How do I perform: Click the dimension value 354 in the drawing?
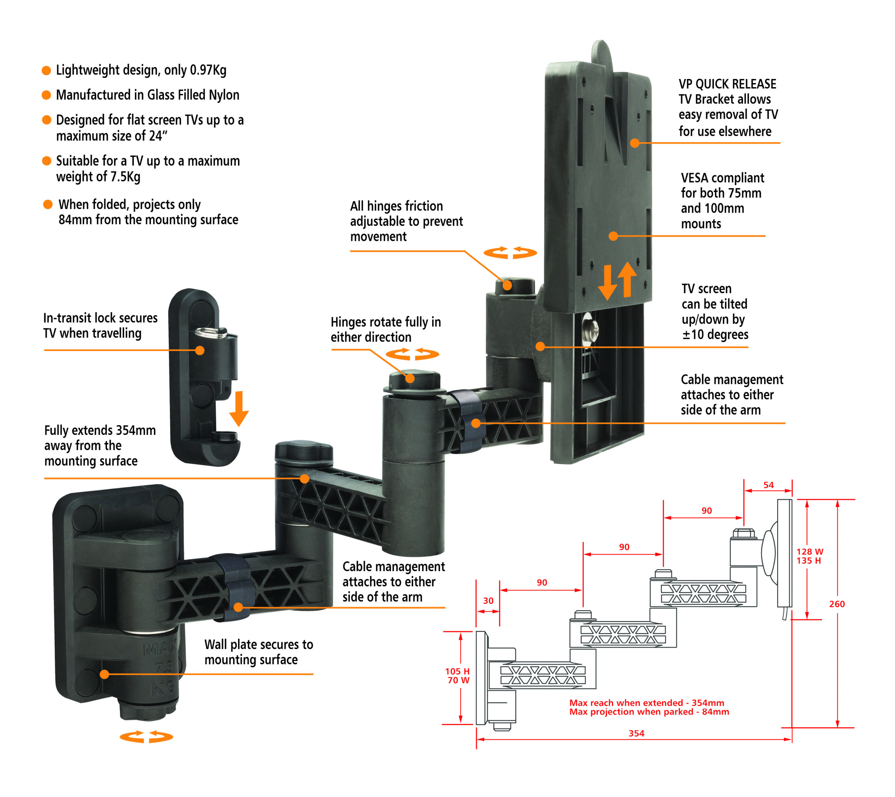point(636,733)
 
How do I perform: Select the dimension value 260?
point(836,604)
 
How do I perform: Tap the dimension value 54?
point(768,485)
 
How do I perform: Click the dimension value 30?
point(488,601)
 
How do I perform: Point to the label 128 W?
point(810,552)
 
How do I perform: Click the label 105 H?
point(457,671)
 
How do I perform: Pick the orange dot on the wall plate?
point(104,674)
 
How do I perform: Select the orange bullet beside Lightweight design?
point(46,71)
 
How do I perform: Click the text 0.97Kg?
point(208,70)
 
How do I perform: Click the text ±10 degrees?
point(715,335)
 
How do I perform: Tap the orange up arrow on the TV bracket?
point(627,279)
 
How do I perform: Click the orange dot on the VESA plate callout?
point(614,236)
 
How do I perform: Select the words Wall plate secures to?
point(258,644)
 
